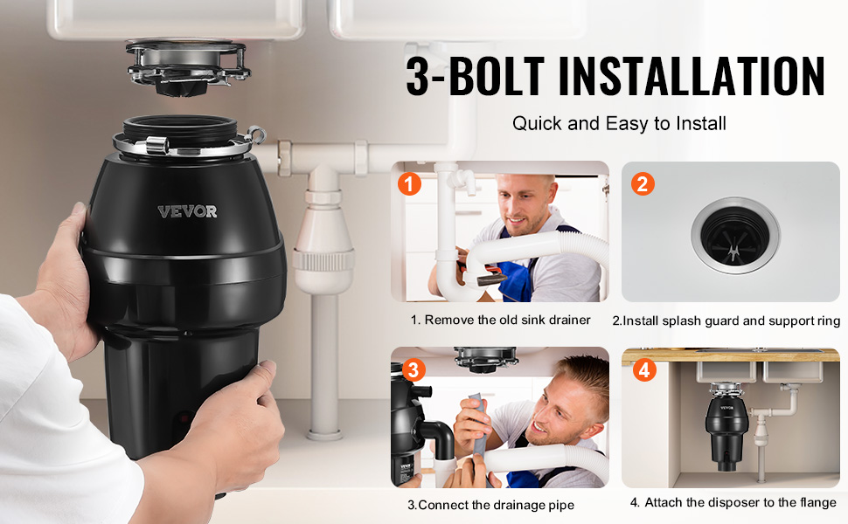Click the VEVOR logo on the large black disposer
pyautogui.click(x=187, y=211)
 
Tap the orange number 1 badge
pyautogui.click(x=409, y=183)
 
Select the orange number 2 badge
pyautogui.click(x=643, y=183)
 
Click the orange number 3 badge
pyautogui.click(x=414, y=370)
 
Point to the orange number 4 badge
pyautogui.click(x=644, y=370)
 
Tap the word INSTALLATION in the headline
pyautogui.click(x=692, y=76)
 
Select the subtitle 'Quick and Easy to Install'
pyautogui.click(x=619, y=124)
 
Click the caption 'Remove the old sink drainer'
pyautogui.click(x=507, y=320)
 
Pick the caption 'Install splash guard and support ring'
pyautogui.click(x=731, y=321)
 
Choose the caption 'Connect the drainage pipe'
pyautogui.click(x=496, y=505)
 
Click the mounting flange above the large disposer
pyautogui.click(x=188, y=68)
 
